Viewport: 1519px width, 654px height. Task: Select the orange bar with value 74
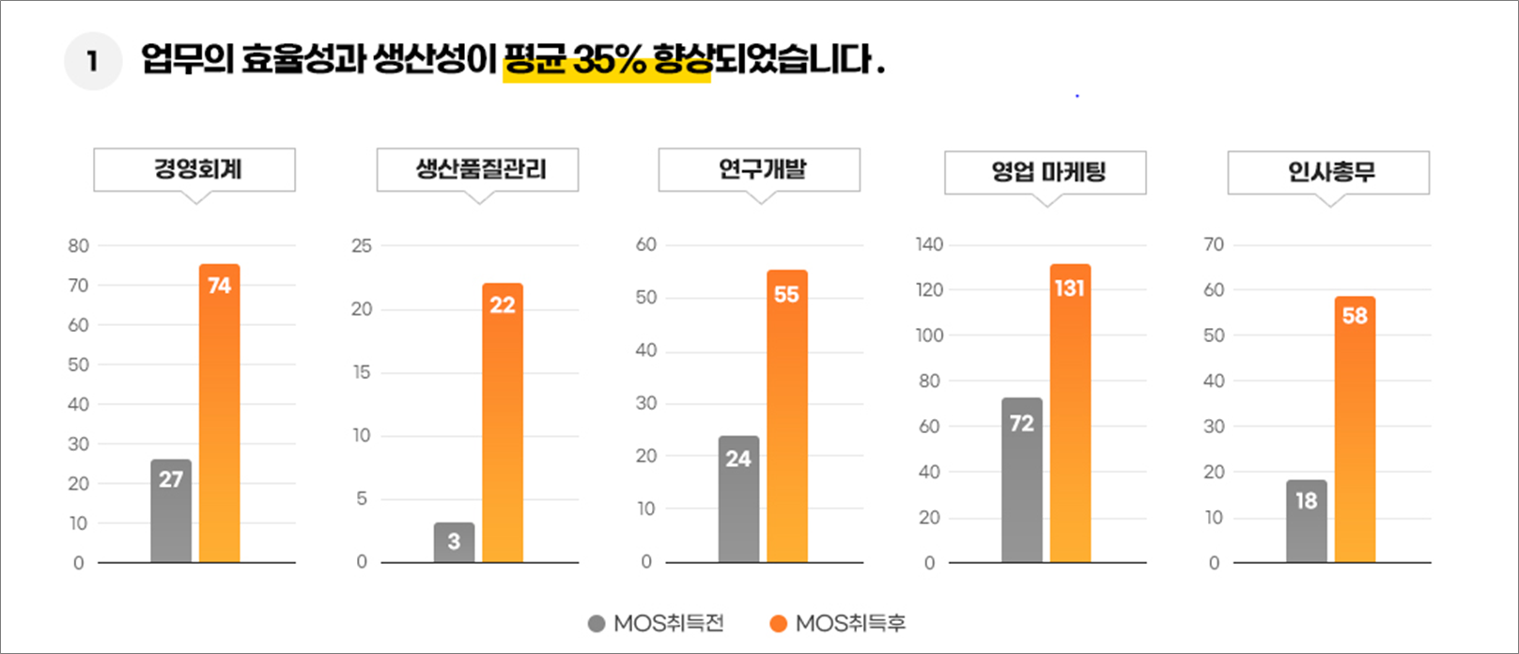tap(220, 413)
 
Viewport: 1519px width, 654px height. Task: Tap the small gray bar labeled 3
tap(454, 542)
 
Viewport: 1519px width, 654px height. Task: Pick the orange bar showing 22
tap(503, 423)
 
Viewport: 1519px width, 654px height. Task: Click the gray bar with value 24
tap(738, 499)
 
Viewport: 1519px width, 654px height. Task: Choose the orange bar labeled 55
tap(787, 416)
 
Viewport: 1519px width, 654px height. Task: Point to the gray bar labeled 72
tap(1022, 479)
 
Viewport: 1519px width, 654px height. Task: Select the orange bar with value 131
tap(1070, 413)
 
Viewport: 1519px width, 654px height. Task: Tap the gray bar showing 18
tap(1307, 521)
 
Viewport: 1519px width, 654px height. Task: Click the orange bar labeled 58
tap(1355, 429)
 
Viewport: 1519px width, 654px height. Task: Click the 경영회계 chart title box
tap(194, 170)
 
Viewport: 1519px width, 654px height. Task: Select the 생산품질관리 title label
tap(478, 170)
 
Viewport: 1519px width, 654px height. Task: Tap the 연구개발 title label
tap(760, 170)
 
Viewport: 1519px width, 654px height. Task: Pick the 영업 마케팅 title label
tap(1046, 173)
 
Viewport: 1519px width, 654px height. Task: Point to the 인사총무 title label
tap(1329, 173)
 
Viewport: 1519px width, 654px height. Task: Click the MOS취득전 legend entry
tap(657, 623)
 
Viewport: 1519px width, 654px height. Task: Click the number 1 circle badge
tap(92, 62)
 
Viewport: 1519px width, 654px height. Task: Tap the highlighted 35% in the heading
tap(609, 62)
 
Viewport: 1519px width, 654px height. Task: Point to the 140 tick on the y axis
tap(929, 245)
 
